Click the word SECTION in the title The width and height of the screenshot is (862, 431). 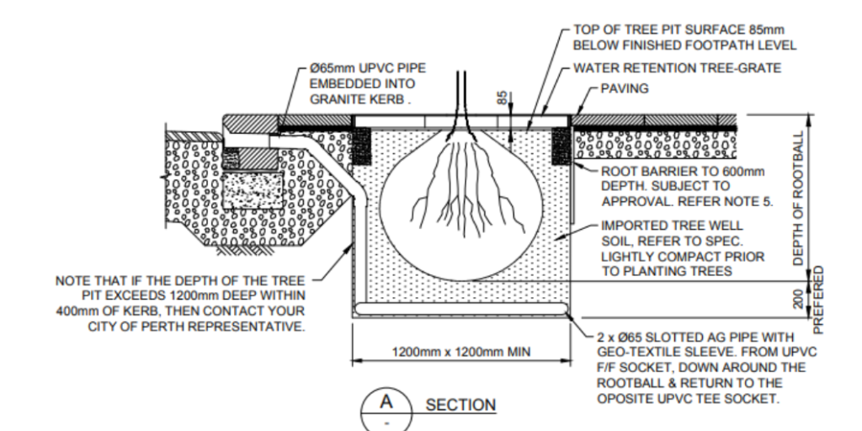point(460,406)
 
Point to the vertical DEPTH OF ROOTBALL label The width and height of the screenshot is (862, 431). point(799,199)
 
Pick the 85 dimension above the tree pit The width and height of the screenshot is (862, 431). point(503,98)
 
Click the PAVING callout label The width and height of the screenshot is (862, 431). point(626,88)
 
